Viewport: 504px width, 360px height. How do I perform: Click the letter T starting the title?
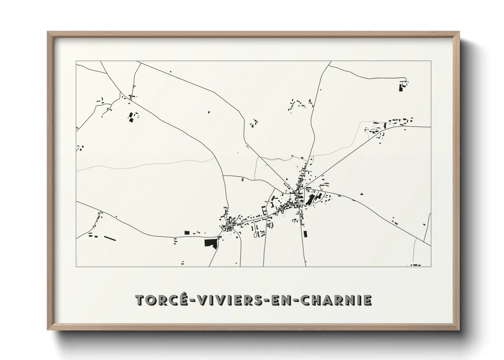click(x=140, y=300)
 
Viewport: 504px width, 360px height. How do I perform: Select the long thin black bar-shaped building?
click(x=110, y=238)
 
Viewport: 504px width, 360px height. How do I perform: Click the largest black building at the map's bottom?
click(x=210, y=243)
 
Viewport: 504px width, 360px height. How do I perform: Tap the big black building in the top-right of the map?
click(x=400, y=87)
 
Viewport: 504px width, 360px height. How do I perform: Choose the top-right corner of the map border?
click(x=431, y=61)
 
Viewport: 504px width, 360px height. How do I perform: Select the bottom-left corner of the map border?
click(x=76, y=266)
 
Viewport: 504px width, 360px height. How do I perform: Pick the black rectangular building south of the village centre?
click(x=305, y=234)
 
